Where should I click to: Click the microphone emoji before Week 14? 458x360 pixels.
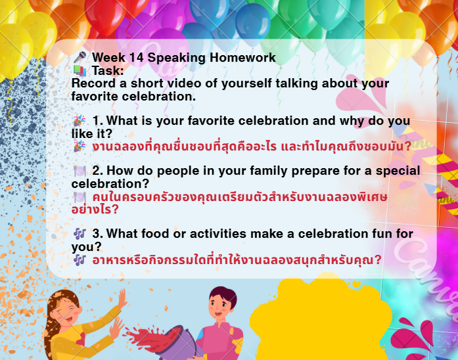(80, 57)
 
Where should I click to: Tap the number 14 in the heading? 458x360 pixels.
(136, 57)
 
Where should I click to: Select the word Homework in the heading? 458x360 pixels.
(242, 57)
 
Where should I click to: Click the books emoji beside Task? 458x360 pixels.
(80, 71)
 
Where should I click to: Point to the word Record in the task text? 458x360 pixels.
(93, 83)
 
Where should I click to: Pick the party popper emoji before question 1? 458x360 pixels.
(80, 121)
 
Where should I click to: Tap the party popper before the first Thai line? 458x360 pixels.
(80, 146)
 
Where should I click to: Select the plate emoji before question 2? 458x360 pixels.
(80, 171)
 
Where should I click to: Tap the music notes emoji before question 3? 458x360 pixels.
(80, 234)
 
